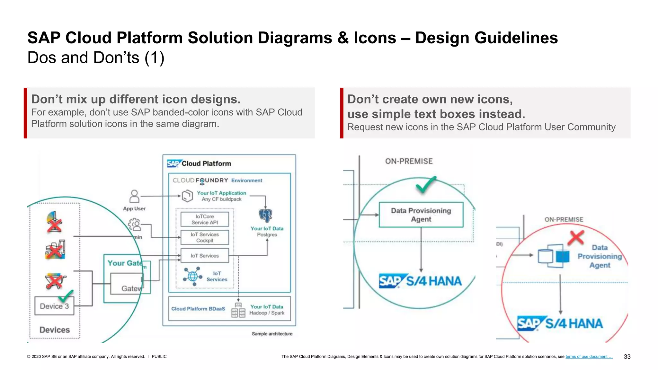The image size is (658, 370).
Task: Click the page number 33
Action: click(627, 357)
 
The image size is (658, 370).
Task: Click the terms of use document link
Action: click(589, 357)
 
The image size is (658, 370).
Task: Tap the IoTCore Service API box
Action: click(205, 219)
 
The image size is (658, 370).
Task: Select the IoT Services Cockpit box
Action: click(205, 237)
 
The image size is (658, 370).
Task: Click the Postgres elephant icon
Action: click(265, 216)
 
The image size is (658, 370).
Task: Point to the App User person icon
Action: click(134, 196)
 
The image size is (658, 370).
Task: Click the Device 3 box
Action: click(54, 306)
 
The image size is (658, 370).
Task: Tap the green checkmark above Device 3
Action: click(66, 295)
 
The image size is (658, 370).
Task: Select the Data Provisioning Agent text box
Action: click(421, 215)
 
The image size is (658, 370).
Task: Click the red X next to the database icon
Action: click(576, 238)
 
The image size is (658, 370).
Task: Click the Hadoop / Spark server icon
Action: click(238, 311)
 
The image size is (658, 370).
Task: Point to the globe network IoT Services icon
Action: click(192, 276)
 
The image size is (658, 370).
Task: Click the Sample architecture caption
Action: click(272, 334)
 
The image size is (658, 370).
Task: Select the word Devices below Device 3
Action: click(54, 330)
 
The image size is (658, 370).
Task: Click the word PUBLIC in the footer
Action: click(159, 357)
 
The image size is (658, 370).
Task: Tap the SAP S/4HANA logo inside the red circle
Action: click(560, 323)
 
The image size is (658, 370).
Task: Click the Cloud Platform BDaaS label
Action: click(198, 309)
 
